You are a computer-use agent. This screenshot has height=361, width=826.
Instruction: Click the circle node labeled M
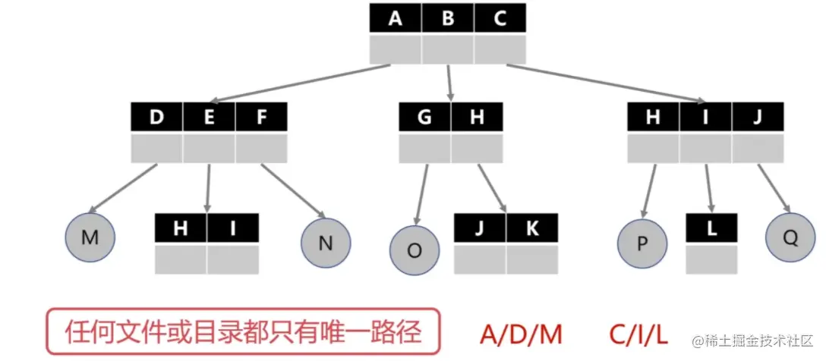pyautogui.click(x=90, y=237)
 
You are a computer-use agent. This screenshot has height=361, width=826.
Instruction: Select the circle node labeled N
pyautogui.click(x=326, y=243)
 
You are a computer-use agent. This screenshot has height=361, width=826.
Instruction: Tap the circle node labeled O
pyautogui.click(x=415, y=251)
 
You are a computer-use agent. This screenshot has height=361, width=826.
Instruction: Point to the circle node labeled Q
pyautogui.click(x=790, y=237)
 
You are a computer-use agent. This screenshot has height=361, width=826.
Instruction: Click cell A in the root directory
pyautogui.click(x=396, y=18)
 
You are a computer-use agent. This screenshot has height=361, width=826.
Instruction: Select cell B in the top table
pyautogui.click(x=448, y=18)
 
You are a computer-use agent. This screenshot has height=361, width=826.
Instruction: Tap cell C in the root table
pyautogui.click(x=500, y=18)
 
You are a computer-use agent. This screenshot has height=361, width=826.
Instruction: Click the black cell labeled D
pyautogui.click(x=157, y=118)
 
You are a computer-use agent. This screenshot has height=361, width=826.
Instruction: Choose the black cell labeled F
pyautogui.click(x=261, y=118)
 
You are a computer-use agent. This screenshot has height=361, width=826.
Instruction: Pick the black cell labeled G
pyautogui.click(x=424, y=118)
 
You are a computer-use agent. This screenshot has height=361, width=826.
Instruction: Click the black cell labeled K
pyautogui.click(x=532, y=228)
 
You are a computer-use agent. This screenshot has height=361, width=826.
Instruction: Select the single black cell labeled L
pyautogui.click(x=711, y=228)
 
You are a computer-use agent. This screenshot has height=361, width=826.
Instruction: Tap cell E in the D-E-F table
pyautogui.click(x=209, y=118)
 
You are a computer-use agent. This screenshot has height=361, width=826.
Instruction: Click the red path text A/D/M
pyautogui.click(x=521, y=333)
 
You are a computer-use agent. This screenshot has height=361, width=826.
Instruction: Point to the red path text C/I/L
pyautogui.click(x=639, y=333)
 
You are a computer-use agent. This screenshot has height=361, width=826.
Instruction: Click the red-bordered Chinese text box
pyautogui.click(x=243, y=331)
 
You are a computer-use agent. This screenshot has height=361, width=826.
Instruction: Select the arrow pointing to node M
pyautogui.click(x=123, y=188)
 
